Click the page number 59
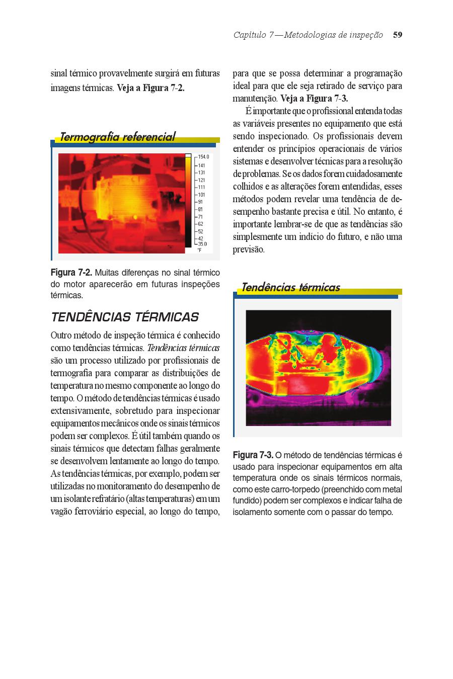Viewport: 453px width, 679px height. pos(398,35)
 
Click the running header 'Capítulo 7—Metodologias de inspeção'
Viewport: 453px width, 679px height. pos(308,35)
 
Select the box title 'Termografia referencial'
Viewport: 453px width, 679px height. pos(117,137)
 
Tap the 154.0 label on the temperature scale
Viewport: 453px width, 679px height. pos(203,157)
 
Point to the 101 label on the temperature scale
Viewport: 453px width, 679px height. pos(201,195)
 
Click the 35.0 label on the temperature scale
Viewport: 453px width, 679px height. pos(202,244)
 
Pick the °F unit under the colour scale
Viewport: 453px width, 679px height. pos(200,249)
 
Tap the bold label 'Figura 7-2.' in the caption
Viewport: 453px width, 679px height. pos(71,273)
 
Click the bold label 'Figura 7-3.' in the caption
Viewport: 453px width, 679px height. pos(253,455)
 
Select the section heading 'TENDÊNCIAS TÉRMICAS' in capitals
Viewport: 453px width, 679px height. pos(125,317)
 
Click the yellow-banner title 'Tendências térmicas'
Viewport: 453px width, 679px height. pos(290,288)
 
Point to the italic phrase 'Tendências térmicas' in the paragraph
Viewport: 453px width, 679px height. pos(183,348)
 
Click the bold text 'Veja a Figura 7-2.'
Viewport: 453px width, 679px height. pos(150,88)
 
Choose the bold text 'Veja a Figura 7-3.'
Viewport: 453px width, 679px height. pos(314,99)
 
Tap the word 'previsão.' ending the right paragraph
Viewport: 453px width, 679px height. pos(249,249)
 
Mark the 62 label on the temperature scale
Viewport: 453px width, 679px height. pos(201,224)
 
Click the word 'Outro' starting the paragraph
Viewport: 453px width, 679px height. pos(61,335)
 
